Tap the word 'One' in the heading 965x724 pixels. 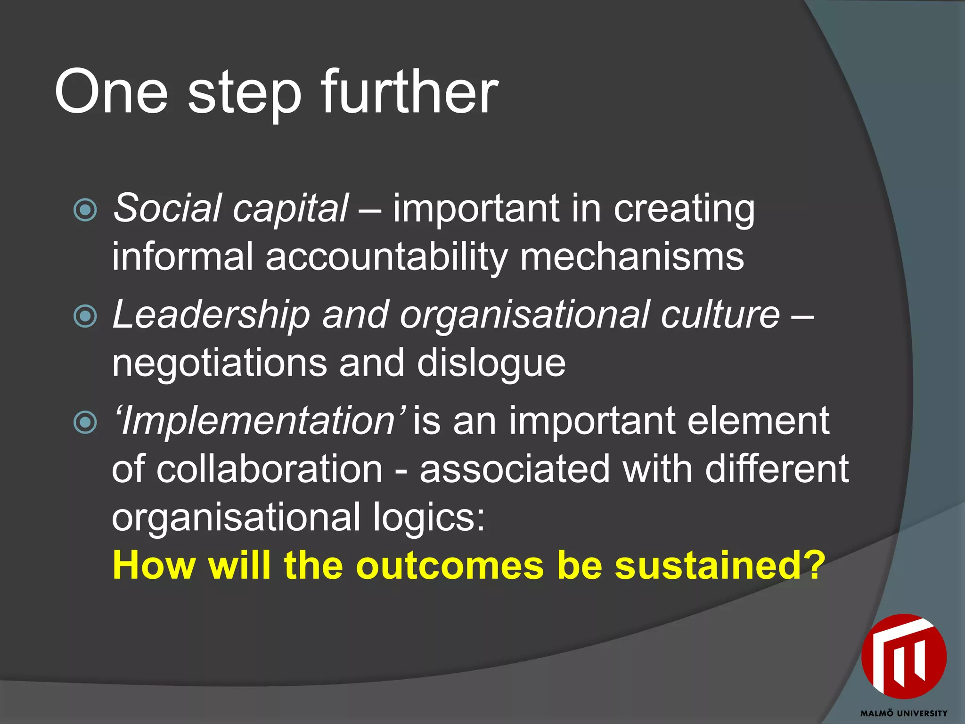pos(111,92)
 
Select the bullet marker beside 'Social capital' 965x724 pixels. pos(85,210)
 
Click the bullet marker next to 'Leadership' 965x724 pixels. pos(85,316)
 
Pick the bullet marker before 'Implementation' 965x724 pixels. pos(85,422)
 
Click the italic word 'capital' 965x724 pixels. pos(290,209)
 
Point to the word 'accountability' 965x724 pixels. pos(386,257)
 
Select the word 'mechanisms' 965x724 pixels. pos(632,257)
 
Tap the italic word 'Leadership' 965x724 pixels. pos(211,315)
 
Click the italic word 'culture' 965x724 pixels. pos(720,315)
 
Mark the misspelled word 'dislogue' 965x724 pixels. pos(491,363)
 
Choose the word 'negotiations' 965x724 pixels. pos(219,363)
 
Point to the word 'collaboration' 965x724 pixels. pos(269,469)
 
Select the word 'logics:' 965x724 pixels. pos(428,518)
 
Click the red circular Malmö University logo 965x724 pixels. pos(903,657)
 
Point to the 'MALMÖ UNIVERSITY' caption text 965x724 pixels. pos(904,714)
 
